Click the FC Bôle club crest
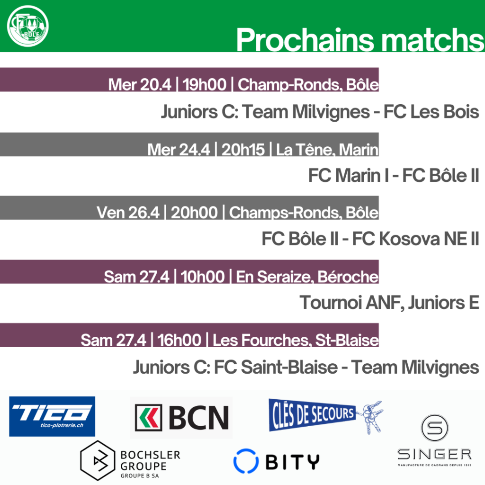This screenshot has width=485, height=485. pyautogui.click(x=28, y=26)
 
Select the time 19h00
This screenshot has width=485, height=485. pyautogui.click(x=204, y=84)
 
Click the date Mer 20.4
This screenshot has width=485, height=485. pyautogui.click(x=140, y=84)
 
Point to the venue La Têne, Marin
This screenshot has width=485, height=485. pyautogui.click(x=327, y=150)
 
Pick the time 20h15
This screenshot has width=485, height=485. pyautogui.click(x=243, y=150)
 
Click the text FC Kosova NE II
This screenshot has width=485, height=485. pyautogui.click(x=415, y=239)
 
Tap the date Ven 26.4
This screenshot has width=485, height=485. pyautogui.click(x=128, y=213)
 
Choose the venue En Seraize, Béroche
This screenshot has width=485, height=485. pyautogui.click(x=307, y=277)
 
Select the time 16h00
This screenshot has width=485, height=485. pyautogui.click(x=180, y=340)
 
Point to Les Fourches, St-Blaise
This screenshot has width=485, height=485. pyautogui.click(x=296, y=340)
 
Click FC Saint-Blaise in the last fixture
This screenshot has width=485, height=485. pyautogui.click(x=276, y=367)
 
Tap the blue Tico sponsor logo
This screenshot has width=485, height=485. pyautogui.click(x=52, y=416)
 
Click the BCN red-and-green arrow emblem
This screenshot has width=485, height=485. pyautogui.click(x=148, y=418)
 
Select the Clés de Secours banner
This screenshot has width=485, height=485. pyautogui.click(x=312, y=415)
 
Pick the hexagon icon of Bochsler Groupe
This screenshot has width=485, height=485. pyautogui.click(x=98, y=460)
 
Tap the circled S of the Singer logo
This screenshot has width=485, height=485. pyautogui.click(x=435, y=428)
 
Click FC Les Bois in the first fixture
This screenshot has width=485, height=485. pyautogui.click(x=431, y=112)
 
